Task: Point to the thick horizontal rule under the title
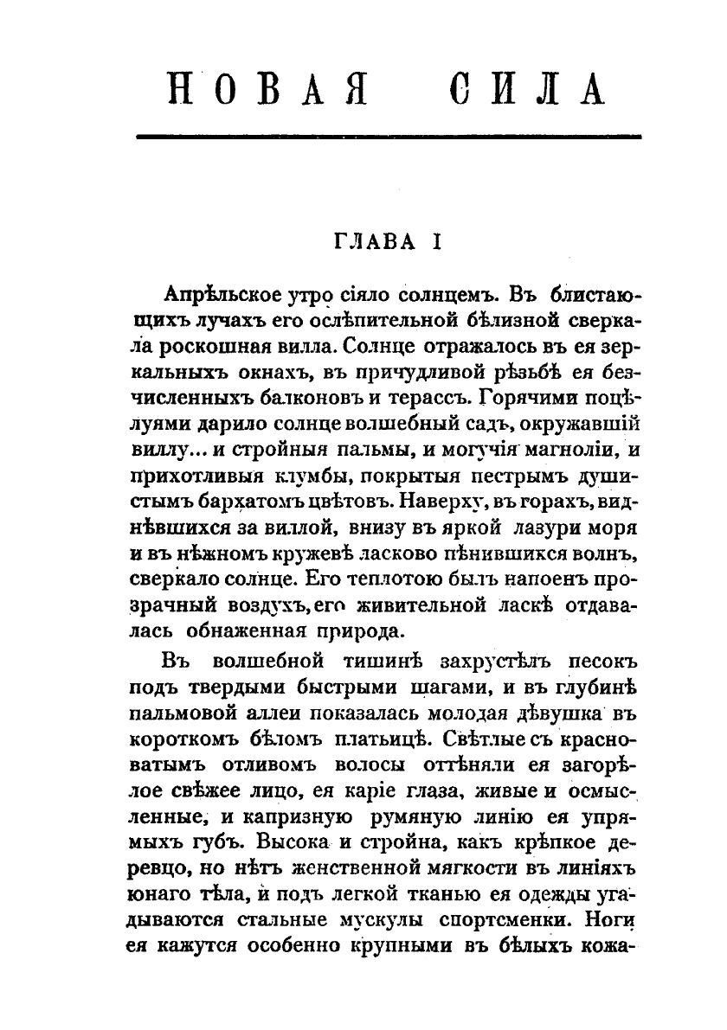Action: click(x=389, y=137)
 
